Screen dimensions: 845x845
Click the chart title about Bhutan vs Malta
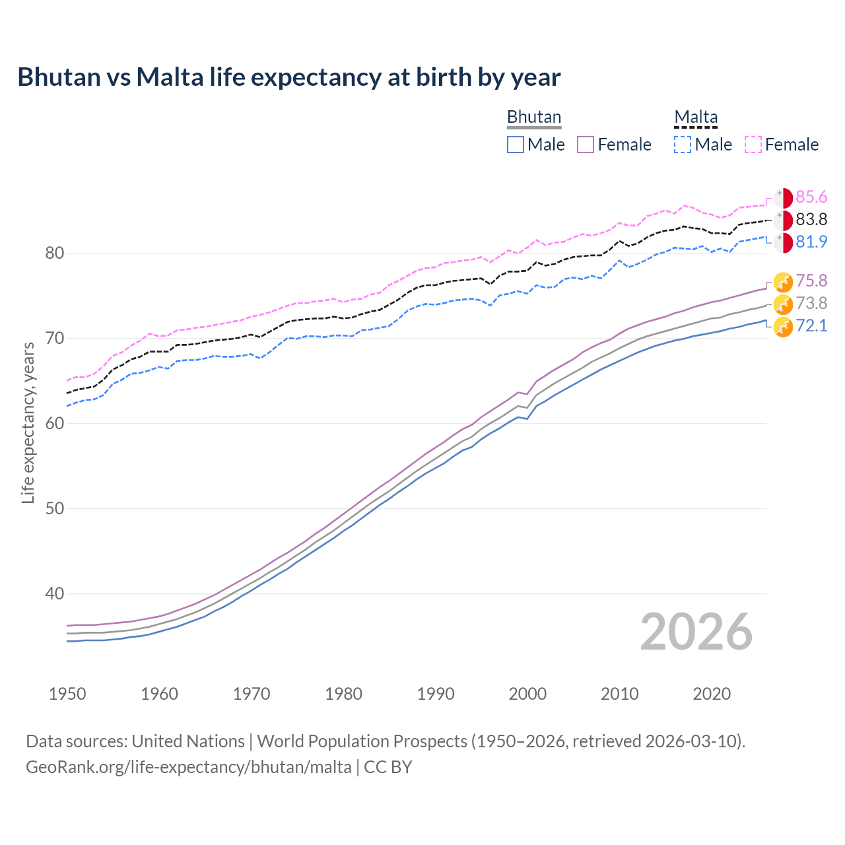tap(288, 77)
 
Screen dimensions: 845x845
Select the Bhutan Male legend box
tap(516, 145)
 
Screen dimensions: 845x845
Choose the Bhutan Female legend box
tap(586, 145)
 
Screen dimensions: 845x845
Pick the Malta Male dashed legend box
tap(683, 145)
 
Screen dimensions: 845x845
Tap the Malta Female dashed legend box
tap(753, 145)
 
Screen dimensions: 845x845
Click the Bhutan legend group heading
tap(533, 117)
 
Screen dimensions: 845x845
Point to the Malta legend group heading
tap(696, 117)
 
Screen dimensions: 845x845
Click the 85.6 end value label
tap(811, 197)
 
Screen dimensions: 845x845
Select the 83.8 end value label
tap(811, 220)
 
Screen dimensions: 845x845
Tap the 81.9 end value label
tap(811, 242)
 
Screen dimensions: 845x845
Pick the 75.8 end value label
tap(811, 281)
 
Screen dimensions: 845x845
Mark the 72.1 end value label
tap(811, 325)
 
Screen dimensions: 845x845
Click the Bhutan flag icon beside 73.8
tap(783, 304)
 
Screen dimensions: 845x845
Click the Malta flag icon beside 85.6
tap(783, 197)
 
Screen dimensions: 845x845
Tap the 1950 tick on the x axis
tap(67, 694)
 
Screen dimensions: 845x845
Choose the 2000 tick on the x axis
tap(527, 694)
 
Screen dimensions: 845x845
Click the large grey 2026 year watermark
tap(696, 632)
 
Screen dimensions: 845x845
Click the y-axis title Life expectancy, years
tap(28, 422)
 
